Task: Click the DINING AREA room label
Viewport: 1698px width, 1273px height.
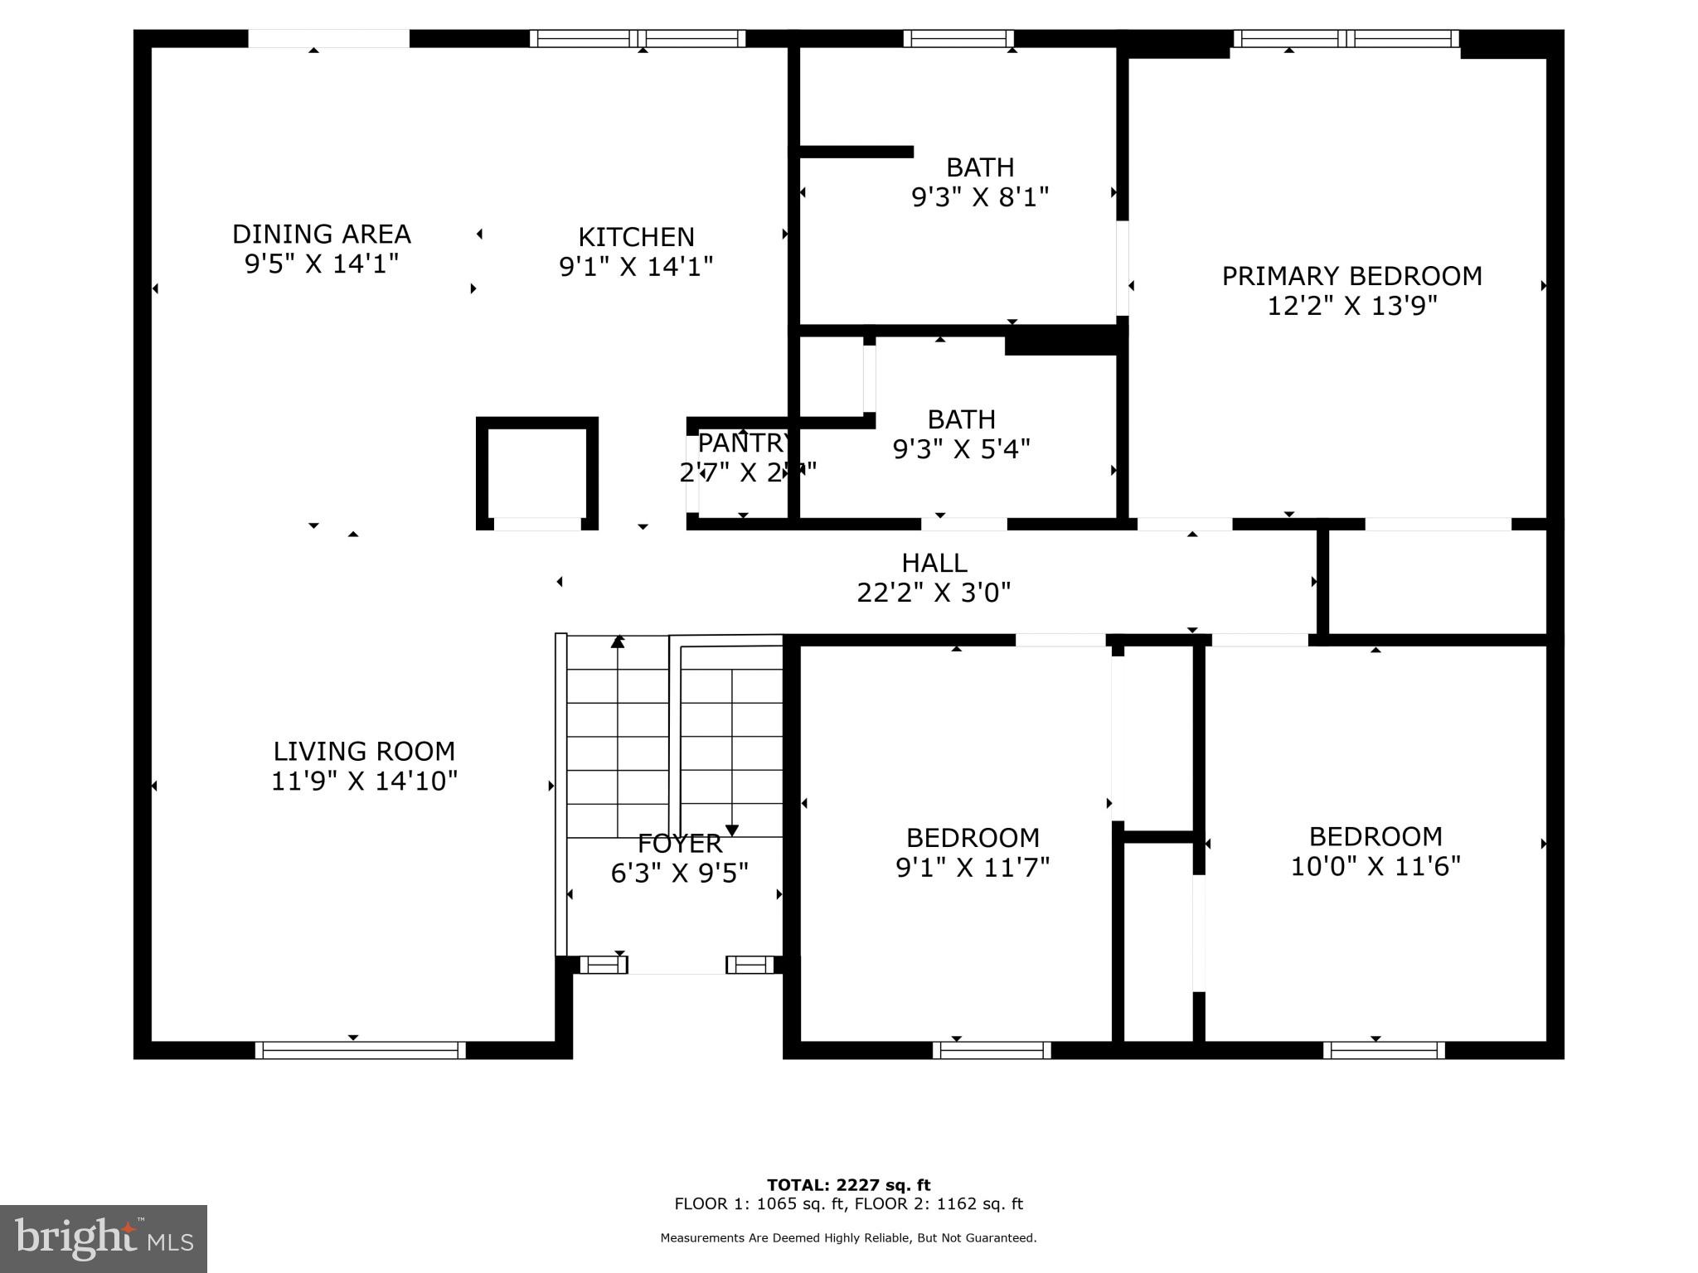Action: click(321, 235)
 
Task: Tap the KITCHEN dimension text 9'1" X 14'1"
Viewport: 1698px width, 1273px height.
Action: click(636, 267)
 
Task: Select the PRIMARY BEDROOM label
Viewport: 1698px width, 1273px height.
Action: click(1351, 276)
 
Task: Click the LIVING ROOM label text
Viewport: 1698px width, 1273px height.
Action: click(364, 752)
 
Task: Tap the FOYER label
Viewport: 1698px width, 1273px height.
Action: click(679, 844)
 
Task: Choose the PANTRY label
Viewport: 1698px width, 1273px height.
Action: click(744, 443)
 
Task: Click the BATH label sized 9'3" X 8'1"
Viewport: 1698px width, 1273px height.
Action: click(980, 168)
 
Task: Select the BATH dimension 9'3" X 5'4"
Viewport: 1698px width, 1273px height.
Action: click(961, 449)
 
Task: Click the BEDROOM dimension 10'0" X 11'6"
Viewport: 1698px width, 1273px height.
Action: click(1375, 867)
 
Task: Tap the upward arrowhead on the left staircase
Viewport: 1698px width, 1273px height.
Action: click(618, 641)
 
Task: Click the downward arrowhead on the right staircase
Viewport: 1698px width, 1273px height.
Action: click(732, 830)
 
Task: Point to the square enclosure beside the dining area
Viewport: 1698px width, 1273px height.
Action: click(537, 473)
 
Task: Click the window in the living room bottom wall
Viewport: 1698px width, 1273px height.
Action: click(360, 1050)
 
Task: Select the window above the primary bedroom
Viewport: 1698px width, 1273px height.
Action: click(1346, 38)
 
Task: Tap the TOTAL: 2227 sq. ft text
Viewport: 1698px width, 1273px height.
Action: click(848, 1185)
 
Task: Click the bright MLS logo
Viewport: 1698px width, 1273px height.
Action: click(104, 1239)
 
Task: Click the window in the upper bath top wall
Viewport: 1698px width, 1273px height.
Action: click(958, 38)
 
